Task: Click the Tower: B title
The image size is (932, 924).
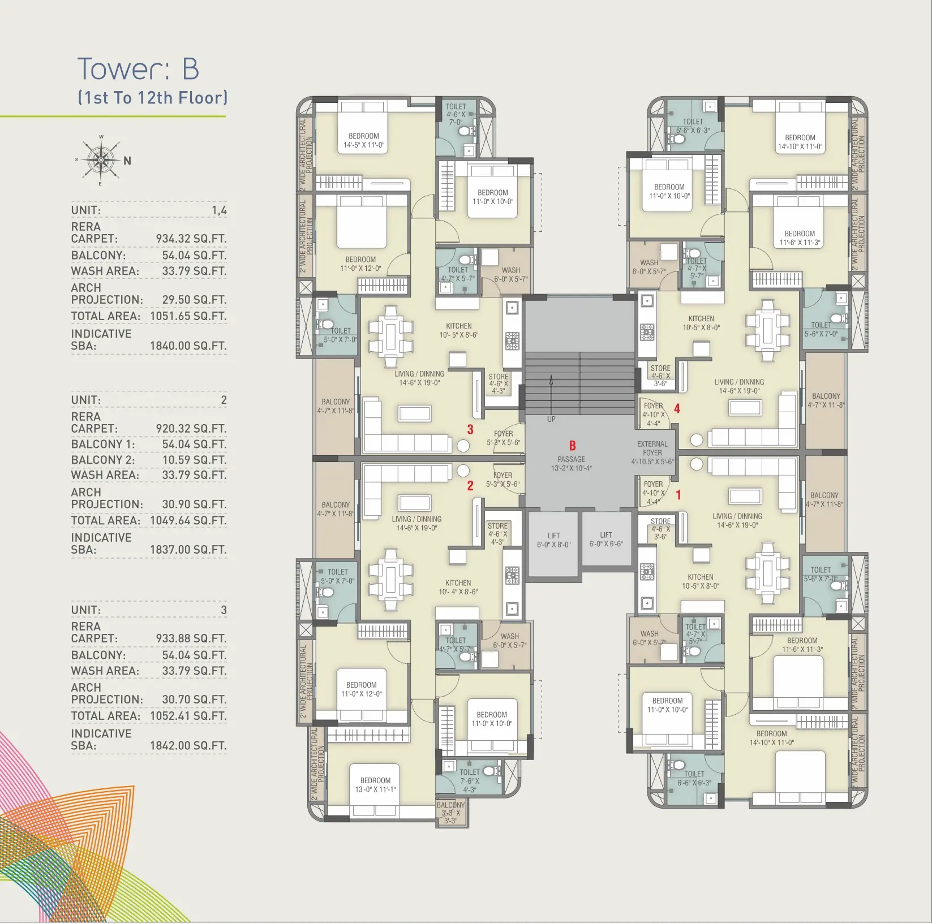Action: pyautogui.click(x=138, y=69)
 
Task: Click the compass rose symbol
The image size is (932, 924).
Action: pyautogui.click(x=101, y=160)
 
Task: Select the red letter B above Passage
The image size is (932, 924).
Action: pyautogui.click(x=572, y=446)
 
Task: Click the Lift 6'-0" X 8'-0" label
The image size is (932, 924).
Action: pyautogui.click(x=553, y=540)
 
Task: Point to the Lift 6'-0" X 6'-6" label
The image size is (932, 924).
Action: pyautogui.click(x=605, y=539)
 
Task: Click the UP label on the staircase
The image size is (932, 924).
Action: pyautogui.click(x=551, y=419)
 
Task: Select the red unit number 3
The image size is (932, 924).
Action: pyautogui.click(x=470, y=430)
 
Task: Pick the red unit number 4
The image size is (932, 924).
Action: pyautogui.click(x=677, y=408)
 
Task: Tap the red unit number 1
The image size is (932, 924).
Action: pyautogui.click(x=678, y=495)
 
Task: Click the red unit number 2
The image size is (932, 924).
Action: pyautogui.click(x=470, y=485)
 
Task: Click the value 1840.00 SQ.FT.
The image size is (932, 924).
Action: pyautogui.click(x=188, y=346)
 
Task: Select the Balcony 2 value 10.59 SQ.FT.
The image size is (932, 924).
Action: pyautogui.click(x=194, y=460)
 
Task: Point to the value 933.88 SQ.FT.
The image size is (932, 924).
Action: pyautogui.click(x=191, y=638)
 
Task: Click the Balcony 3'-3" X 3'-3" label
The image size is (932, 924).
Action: pyautogui.click(x=450, y=813)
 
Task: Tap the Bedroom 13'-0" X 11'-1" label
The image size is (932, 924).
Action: pyautogui.click(x=375, y=785)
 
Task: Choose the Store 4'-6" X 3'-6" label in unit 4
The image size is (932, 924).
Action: pyautogui.click(x=660, y=375)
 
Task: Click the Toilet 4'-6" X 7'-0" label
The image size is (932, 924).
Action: pyautogui.click(x=456, y=114)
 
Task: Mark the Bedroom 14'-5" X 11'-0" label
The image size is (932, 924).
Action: pyautogui.click(x=364, y=140)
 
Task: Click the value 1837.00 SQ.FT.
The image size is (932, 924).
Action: pyautogui.click(x=188, y=550)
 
